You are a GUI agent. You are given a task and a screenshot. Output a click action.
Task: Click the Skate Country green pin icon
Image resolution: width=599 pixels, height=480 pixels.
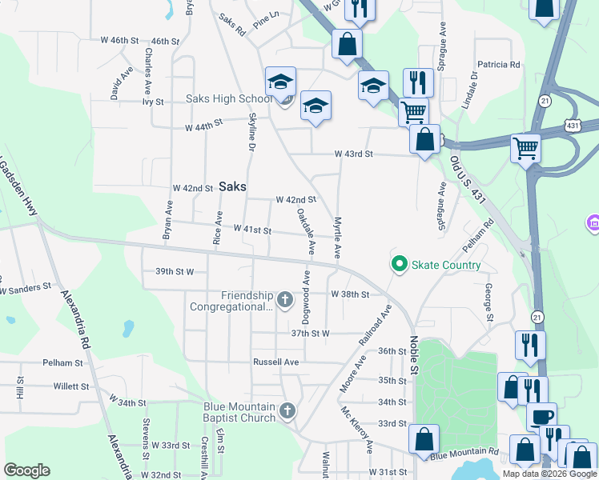(x=398, y=263)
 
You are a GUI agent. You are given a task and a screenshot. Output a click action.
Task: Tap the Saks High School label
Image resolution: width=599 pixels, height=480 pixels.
(x=229, y=99)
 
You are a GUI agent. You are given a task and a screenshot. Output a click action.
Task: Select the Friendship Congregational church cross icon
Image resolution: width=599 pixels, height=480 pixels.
(x=287, y=300)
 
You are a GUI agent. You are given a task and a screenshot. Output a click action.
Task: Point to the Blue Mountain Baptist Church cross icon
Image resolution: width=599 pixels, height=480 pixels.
(x=288, y=412)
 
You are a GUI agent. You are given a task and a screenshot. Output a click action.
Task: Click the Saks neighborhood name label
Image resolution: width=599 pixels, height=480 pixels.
(x=232, y=186)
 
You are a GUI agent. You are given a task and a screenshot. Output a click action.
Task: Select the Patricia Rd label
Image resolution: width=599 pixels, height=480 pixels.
(x=498, y=65)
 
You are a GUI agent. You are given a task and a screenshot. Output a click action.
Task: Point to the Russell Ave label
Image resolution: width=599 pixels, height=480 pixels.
(x=275, y=362)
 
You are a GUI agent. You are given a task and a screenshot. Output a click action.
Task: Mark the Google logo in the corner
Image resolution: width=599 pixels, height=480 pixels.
(x=26, y=470)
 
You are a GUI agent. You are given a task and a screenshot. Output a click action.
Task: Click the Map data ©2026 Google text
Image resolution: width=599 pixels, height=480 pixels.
(x=549, y=474)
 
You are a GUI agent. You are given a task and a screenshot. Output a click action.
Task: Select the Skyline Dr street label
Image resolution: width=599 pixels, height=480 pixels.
(x=251, y=133)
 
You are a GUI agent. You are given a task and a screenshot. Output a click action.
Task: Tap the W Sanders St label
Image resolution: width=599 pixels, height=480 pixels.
(x=24, y=285)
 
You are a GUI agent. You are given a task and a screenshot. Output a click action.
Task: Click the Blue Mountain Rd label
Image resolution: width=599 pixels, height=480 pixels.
(x=464, y=455)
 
